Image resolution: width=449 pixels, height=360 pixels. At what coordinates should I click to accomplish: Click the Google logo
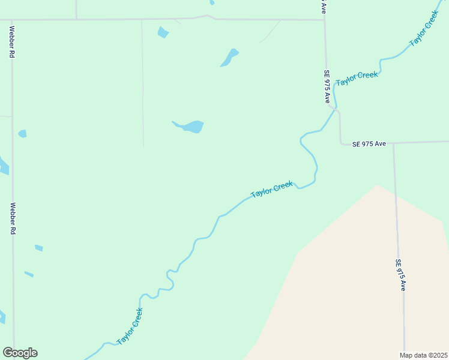pos(20,353)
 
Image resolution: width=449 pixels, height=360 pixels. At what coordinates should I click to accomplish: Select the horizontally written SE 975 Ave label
pos(369,144)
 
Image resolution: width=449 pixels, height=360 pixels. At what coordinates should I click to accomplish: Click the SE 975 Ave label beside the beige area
pos(400,275)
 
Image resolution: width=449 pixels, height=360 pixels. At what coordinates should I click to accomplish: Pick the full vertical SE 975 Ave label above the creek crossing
pos(327,86)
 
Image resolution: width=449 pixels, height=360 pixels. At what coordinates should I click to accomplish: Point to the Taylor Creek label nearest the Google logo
pos(130,326)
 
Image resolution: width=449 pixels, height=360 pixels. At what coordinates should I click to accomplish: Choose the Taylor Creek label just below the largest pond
pos(272,190)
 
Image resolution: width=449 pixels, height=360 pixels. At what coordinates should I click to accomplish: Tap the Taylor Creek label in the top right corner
pos(424,28)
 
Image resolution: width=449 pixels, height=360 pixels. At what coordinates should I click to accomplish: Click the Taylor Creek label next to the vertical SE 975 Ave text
pos(357,78)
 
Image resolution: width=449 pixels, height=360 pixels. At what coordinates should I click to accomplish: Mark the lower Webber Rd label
pos(13,218)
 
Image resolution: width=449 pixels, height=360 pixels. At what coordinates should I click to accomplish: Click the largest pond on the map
pos(193,127)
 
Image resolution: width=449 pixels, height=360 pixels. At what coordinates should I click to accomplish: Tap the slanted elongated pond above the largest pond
pos(229,57)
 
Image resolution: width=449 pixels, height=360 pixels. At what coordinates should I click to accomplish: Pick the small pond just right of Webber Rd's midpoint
pos(22,133)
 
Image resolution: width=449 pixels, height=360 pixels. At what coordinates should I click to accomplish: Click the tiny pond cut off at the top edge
pos(212,2)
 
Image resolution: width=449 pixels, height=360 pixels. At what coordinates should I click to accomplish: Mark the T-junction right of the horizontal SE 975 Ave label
pos(393,143)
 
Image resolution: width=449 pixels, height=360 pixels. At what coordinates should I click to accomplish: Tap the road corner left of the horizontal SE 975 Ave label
pos(341,143)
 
